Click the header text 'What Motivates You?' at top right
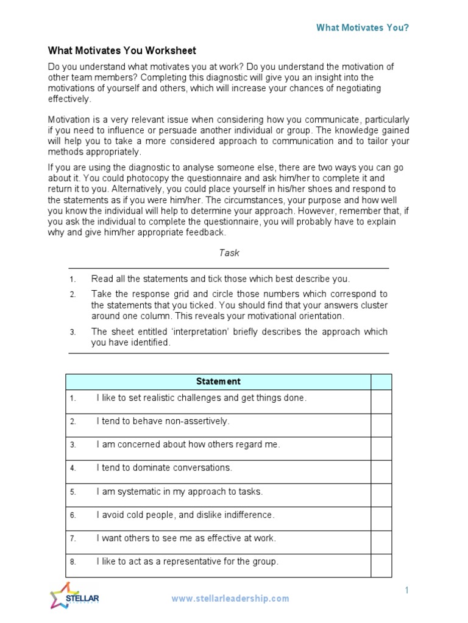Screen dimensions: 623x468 [362, 27]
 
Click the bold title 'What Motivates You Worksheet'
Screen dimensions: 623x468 [122, 51]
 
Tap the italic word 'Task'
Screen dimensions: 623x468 [229, 252]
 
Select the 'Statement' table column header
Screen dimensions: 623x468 [218, 381]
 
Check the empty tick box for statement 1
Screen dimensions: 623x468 [381, 402]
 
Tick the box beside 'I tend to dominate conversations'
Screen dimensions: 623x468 [381, 472]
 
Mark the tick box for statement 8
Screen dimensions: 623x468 [381, 565]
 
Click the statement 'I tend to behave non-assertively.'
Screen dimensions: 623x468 [163, 421]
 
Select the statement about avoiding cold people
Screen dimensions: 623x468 [185, 515]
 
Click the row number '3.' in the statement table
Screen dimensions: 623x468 [73, 445]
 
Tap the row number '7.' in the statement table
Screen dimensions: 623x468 [73, 538]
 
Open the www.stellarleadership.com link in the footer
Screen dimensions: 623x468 [230, 598]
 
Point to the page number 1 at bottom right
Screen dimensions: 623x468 [406, 590]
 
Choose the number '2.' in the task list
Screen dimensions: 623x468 [73, 294]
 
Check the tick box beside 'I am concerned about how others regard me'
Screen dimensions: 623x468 [381, 448]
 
